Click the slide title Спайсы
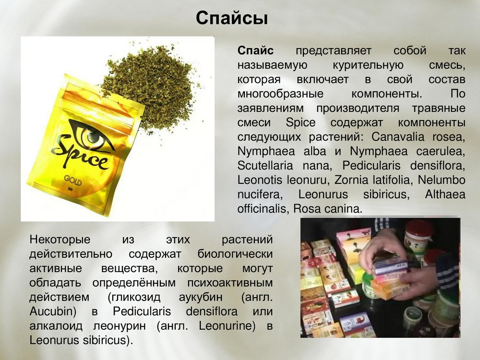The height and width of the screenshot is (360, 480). click(x=232, y=18)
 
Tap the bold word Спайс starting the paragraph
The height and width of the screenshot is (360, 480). click(x=256, y=50)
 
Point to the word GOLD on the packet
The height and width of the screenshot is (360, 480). click(x=73, y=180)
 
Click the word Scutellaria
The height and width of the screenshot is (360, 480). click(x=265, y=166)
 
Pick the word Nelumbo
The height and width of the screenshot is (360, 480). click(x=442, y=180)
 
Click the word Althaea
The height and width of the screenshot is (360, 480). click(x=445, y=194)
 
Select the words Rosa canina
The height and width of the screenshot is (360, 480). click(x=328, y=209)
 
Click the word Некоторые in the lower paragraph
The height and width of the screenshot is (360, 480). click(x=60, y=240)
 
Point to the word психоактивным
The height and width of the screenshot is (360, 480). click(x=230, y=283)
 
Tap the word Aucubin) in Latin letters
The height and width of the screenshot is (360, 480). click(x=53, y=312)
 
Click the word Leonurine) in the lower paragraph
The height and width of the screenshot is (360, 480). click(x=227, y=326)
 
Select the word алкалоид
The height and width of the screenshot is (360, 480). click(x=56, y=326)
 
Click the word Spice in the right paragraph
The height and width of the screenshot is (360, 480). click(x=300, y=123)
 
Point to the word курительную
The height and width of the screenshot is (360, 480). click(x=368, y=65)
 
